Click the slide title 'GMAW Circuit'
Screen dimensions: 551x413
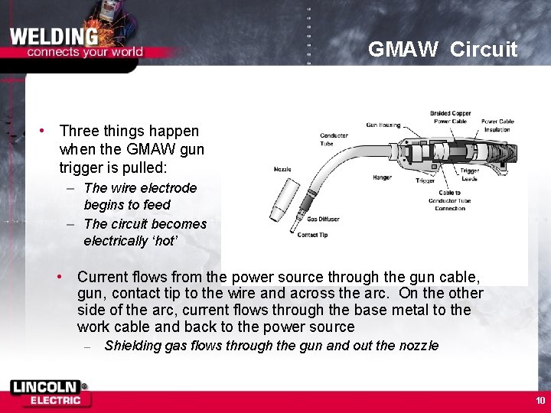click(442, 50)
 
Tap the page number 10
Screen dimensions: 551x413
click(540, 401)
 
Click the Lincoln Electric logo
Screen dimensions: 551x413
click(49, 393)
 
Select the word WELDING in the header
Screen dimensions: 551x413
click(54, 36)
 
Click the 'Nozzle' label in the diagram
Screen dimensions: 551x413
click(282, 169)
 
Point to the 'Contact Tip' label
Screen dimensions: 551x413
click(312, 234)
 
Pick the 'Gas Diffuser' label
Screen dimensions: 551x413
click(322, 219)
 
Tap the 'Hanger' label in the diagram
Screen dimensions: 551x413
click(383, 177)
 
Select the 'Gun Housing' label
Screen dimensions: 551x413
click(383, 125)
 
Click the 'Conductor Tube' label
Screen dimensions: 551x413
click(334, 139)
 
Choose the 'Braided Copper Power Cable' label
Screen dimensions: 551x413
click(451, 117)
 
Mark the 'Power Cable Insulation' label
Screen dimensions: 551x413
click(497, 125)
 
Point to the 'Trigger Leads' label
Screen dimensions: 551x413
click(468, 174)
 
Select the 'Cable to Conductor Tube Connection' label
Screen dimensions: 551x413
click(449, 200)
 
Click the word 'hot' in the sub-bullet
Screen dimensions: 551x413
click(165, 241)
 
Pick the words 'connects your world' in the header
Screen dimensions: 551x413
click(85, 53)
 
